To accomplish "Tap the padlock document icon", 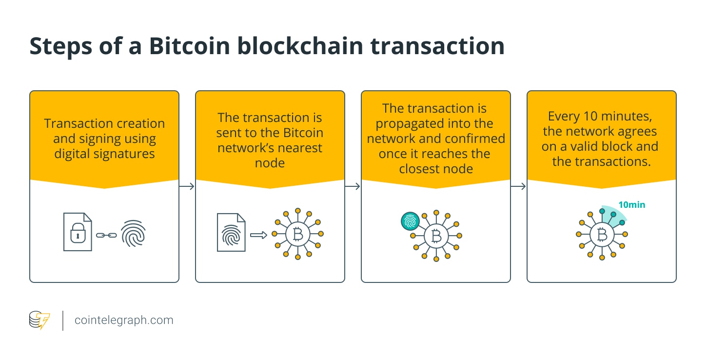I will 78,232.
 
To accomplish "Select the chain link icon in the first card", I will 106,235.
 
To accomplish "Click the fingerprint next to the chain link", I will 133,232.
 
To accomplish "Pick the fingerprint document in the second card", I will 231,232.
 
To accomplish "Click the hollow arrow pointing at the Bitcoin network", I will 258,235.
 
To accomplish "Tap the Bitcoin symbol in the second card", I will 296,235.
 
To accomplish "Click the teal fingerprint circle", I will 410,221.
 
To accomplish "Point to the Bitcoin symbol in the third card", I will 436,236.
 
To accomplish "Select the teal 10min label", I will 631,205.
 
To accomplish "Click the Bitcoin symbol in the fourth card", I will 602,235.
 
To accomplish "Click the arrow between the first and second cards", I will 187,186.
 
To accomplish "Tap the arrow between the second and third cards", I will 353,186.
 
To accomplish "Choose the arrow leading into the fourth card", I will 519,186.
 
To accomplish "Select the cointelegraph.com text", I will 124,320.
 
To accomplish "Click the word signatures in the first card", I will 125,154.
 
